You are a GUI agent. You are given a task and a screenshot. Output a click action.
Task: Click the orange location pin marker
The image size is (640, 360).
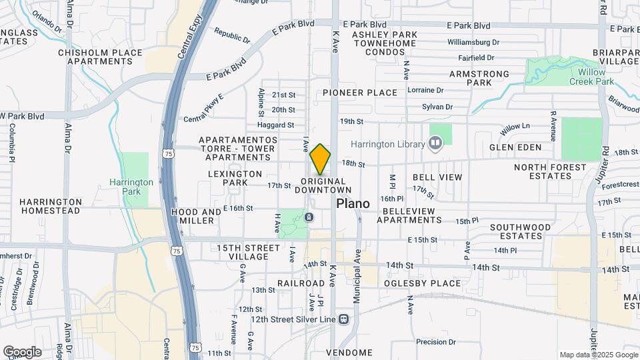coord(320,159)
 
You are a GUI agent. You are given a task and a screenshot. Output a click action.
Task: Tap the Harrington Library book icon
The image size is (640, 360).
coord(435,144)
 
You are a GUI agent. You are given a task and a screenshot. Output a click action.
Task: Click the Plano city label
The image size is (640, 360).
coord(353,203)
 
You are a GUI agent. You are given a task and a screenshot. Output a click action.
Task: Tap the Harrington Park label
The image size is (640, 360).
coord(131,187)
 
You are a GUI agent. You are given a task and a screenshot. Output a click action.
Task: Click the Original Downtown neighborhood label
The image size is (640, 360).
coord(323,186)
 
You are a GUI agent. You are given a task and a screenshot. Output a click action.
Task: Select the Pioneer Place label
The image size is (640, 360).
coord(360,93)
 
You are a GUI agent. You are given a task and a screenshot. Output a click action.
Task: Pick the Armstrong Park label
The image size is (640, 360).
coord(479,79)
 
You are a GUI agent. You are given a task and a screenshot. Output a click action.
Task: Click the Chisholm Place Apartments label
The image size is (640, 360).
coord(100,57)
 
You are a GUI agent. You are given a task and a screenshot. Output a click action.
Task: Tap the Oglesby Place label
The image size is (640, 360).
coord(422,283)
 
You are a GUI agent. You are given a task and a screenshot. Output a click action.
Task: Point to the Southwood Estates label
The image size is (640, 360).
coord(521,231)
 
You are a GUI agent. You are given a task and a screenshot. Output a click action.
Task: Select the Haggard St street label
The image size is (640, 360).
coord(277,125)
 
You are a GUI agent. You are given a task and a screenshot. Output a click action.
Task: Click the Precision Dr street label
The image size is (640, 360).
coord(435,342)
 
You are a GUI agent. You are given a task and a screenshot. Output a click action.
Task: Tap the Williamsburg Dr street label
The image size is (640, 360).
coord(473,41)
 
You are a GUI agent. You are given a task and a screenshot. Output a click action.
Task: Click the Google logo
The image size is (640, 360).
coord(22,351)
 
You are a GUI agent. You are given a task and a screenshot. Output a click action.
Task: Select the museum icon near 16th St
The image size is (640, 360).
coord(309,217)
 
